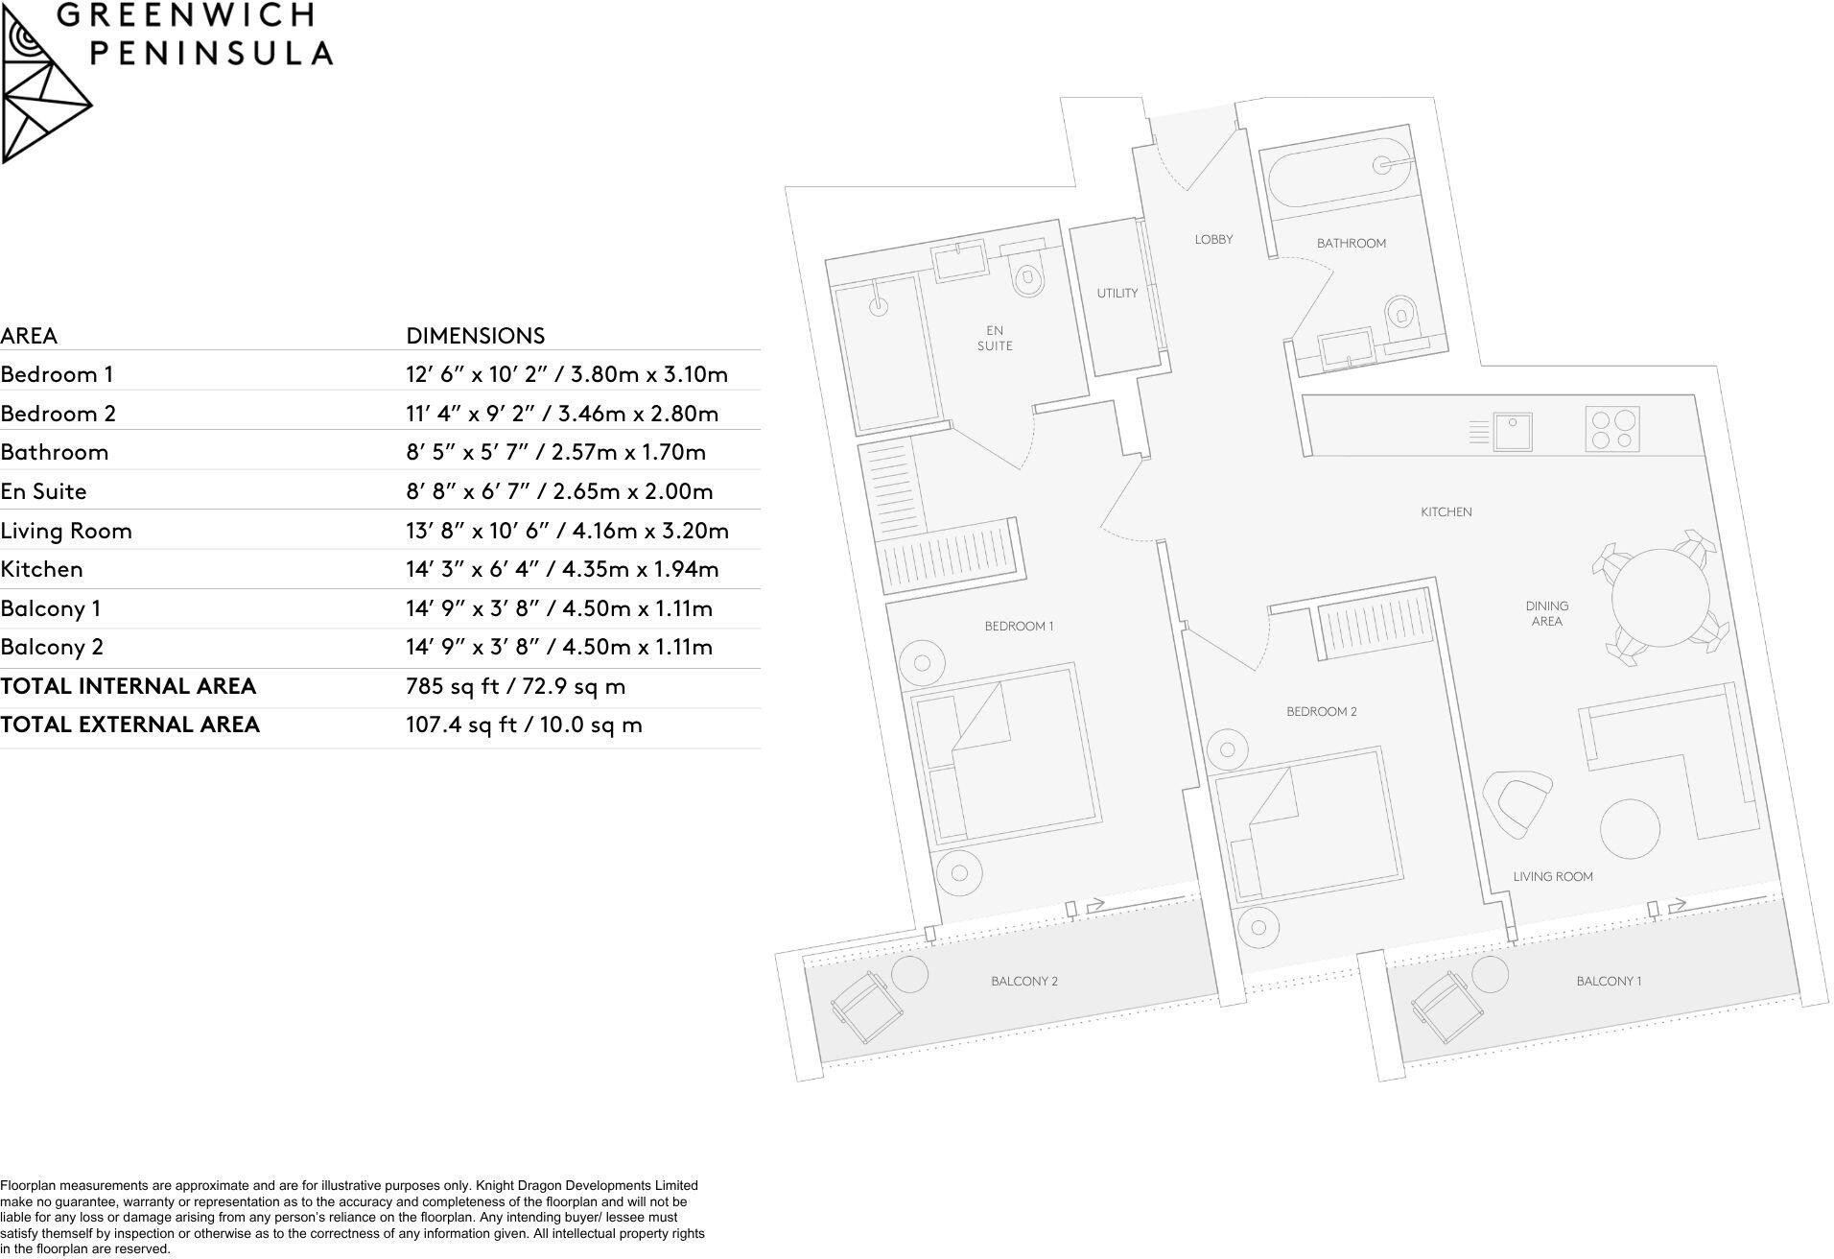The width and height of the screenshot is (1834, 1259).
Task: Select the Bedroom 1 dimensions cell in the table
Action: (x=566, y=374)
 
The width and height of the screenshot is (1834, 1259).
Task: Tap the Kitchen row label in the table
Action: (x=42, y=569)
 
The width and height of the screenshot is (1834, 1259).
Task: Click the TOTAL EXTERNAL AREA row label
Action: (x=129, y=725)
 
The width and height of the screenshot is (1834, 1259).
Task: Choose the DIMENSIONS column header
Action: (x=475, y=335)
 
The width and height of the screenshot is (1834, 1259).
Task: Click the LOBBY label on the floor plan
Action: (x=1213, y=239)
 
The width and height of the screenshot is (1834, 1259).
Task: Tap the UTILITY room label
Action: (x=1117, y=293)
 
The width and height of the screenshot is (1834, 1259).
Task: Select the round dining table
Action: (x=1660, y=598)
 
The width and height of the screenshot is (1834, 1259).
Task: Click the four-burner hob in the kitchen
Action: (x=1612, y=429)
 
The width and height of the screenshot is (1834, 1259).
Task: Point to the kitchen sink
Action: (x=1513, y=431)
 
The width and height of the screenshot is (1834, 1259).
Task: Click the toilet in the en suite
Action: (x=1029, y=277)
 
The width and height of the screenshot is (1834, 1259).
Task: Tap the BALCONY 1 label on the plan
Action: (x=1609, y=981)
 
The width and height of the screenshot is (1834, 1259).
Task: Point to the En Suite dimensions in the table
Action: (x=559, y=491)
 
